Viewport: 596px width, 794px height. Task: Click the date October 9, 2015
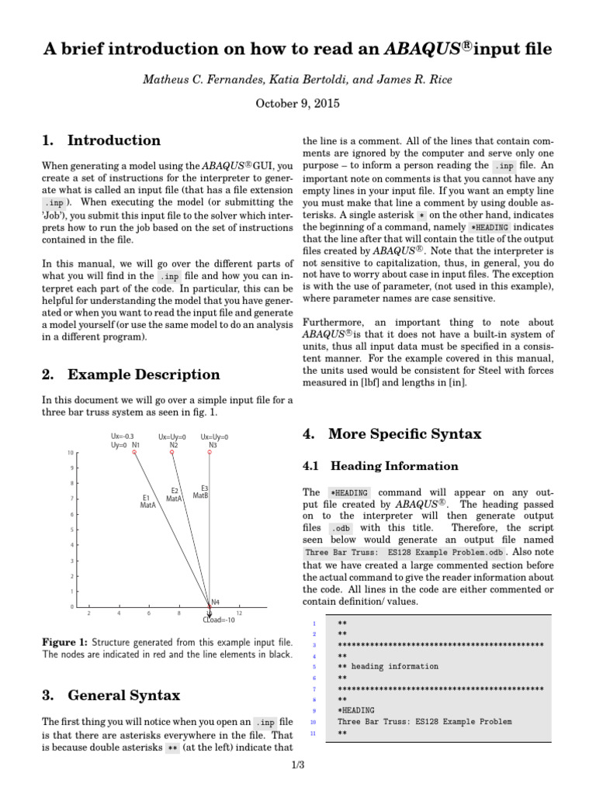pyautogui.click(x=298, y=102)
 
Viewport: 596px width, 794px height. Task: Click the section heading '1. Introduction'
pyautogui.click(x=102, y=140)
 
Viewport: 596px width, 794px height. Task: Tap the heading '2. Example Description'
pyautogui.click(x=131, y=375)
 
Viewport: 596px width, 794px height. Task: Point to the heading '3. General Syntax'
pyautogui.click(x=111, y=695)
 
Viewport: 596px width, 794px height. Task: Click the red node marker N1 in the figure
pyautogui.click(x=134, y=452)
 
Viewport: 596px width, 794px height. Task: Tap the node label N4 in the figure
pyautogui.click(x=215, y=601)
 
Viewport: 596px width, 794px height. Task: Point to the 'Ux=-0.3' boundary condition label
pyautogui.click(x=123, y=437)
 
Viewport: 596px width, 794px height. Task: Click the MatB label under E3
pyautogui.click(x=200, y=495)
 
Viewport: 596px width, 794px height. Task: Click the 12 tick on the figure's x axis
pyautogui.click(x=239, y=613)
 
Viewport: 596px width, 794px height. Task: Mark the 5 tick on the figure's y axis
pyautogui.click(x=71, y=530)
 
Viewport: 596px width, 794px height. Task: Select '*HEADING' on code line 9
pyautogui.click(x=355, y=709)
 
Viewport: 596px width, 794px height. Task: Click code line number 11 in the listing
pyautogui.click(x=312, y=733)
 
